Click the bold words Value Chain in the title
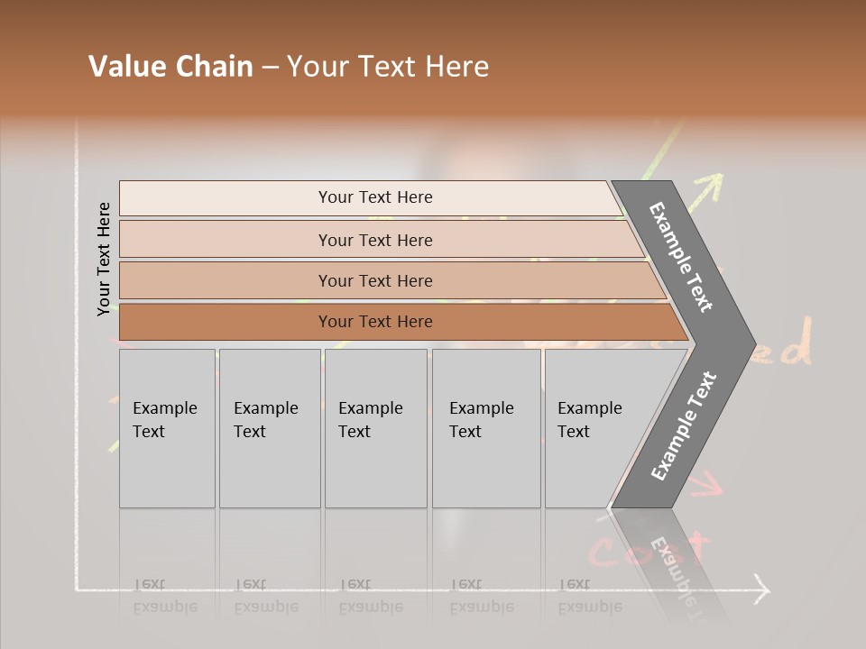pyautogui.click(x=170, y=67)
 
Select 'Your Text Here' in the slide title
pyautogui.click(x=388, y=67)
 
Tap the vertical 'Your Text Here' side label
pyautogui.click(x=104, y=259)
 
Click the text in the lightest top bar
pyautogui.click(x=375, y=197)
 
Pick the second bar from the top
pyautogui.click(x=375, y=240)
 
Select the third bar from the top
pyautogui.click(x=375, y=280)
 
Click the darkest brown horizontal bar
pyautogui.click(x=375, y=322)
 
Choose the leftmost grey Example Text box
pyautogui.click(x=167, y=428)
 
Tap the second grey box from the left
pyautogui.click(x=269, y=428)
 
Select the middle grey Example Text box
pyautogui.click(x=375, y=428)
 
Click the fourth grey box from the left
pyautogui.click(x=486, y=428)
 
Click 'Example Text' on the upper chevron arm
pyautogui.click(x=682, y=257)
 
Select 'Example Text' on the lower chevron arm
pyautogui.click(x=684, y=426)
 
